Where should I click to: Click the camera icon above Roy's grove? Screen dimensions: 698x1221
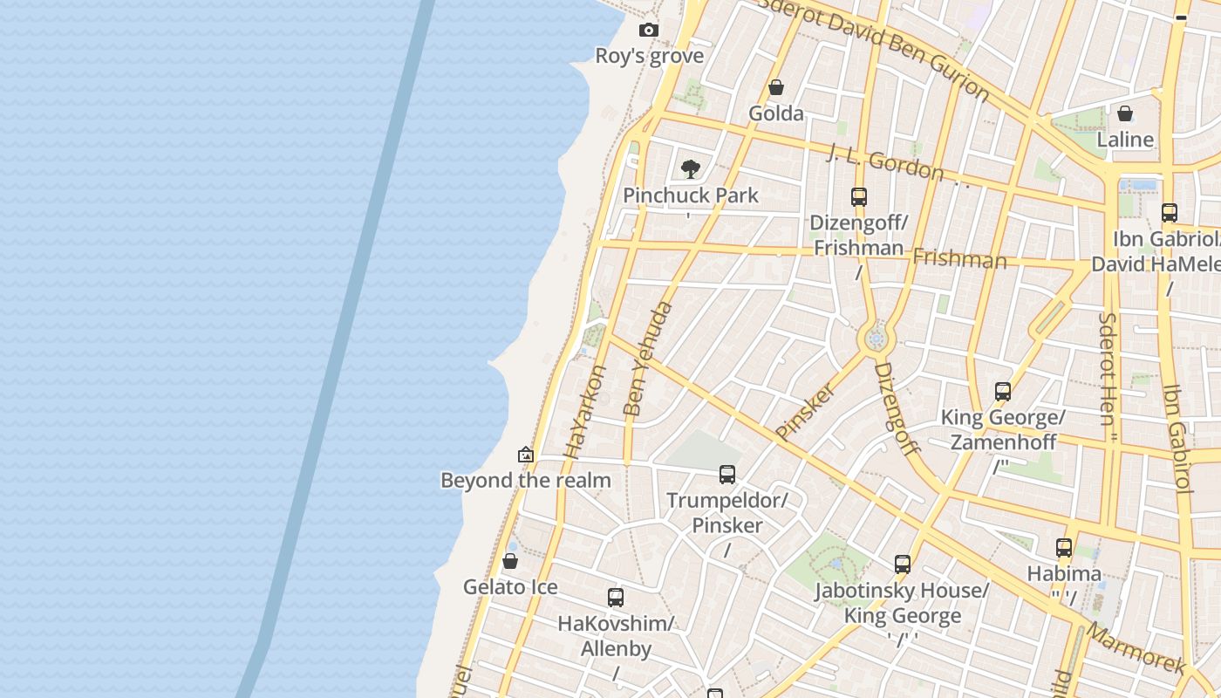pos(648,31)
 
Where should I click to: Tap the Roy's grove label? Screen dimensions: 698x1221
pos(649,56)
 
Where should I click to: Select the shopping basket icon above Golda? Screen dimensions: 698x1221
pos(776,87)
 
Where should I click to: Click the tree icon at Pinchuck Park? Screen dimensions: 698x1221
pos(691,168)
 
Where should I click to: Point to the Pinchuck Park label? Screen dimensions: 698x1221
pos(691,195)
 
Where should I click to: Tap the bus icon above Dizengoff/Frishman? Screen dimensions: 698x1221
pos(859,197)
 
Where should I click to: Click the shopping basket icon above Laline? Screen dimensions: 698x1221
pos(1125,113)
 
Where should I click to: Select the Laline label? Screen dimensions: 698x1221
pos(1125,140)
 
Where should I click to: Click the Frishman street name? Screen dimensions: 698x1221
pos(959,259)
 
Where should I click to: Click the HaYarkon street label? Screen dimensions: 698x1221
pos(585,412)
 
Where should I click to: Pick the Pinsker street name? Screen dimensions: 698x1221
pos(804,411)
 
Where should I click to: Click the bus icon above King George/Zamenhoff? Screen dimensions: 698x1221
pos(1003,392)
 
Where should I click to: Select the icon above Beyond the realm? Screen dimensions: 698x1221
pos(526,455)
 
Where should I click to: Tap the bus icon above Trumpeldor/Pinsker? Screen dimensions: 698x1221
pos(727,475)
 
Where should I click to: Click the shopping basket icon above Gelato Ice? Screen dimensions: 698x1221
pos(510,560)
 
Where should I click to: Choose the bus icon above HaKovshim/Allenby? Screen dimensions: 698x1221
pos(616,598)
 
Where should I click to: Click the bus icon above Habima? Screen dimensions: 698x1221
pos(1064,548)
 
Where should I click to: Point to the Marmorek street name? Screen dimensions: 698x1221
pos(1136,648)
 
